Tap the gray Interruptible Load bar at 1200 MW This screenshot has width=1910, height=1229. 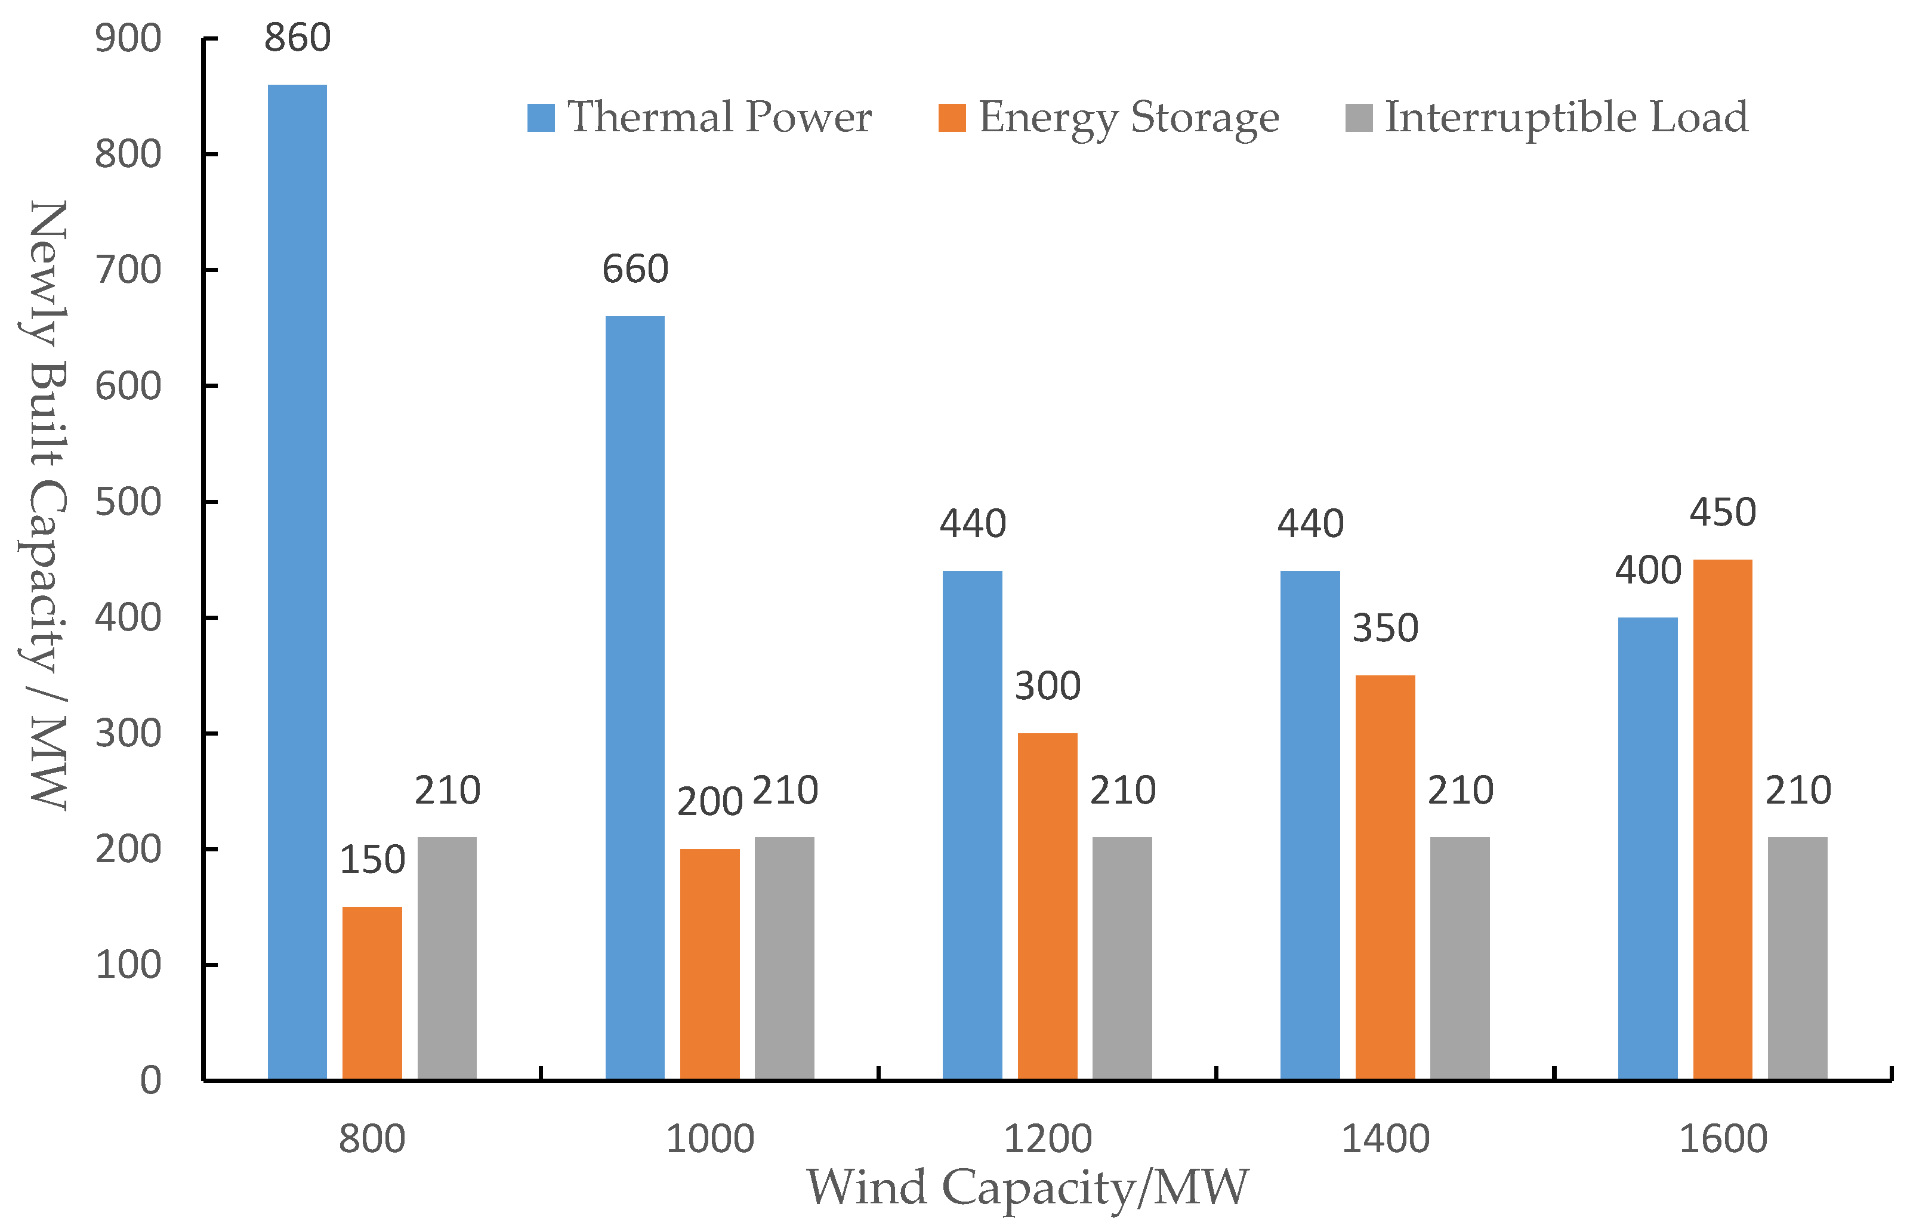1121,958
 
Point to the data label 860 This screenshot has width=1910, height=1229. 297,38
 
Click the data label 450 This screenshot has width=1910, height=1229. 1723,512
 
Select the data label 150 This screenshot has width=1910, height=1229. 372,860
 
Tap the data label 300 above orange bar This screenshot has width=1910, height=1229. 1047,686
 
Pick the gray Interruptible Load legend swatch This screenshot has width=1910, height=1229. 1359,118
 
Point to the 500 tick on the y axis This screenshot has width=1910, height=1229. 128,502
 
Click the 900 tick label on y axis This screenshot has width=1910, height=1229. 128,38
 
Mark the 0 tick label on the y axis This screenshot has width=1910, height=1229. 150,1080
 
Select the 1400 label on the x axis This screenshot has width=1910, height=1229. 1385,1139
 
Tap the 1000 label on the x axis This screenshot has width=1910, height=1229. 709,1139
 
